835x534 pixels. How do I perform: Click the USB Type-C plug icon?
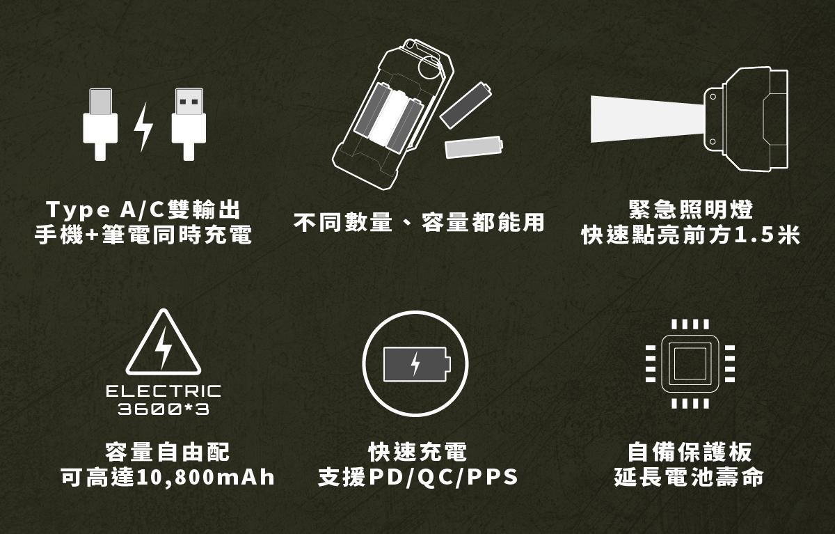[x=100, y=125]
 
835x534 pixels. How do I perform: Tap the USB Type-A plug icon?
[x=189, y=125]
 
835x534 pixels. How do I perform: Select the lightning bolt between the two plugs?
[x=143, y=127]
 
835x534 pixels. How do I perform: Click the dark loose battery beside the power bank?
[x=466, y=105]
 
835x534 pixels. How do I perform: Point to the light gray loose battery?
[x=474, y=147]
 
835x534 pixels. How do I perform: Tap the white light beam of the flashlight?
[x=647, y=119]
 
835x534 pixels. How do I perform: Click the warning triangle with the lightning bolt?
[x=164, y=343]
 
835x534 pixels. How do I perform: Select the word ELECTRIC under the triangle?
[x=164, y=391]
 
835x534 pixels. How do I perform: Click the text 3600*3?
[x=164, y=409]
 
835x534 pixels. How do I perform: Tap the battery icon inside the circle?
[x=417, y=364]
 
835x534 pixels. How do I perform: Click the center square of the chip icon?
[x=690, y=363]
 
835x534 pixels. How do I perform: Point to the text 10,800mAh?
[x=206, y=478]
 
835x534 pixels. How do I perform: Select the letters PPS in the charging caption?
[x=492, y=477]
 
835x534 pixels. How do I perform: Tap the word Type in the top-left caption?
[x=78, y=210]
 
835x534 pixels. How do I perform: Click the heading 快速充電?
[x=417, y=453]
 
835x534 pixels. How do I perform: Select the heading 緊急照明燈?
[x=691, y=210]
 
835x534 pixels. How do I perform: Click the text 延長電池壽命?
[x=689, y=478]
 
